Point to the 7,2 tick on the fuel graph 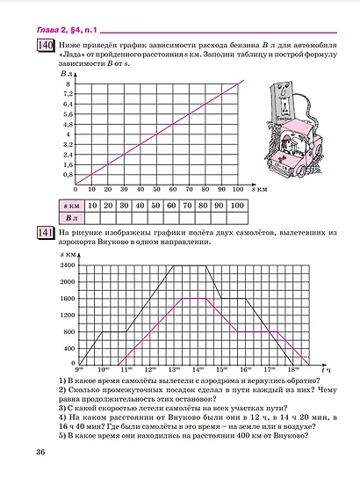pos(68,93)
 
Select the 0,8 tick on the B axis pos(68,175)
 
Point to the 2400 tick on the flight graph pos(68,265)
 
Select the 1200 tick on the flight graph pos(68,314)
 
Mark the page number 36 pos(40,452)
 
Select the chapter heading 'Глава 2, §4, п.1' pos(69,29)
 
